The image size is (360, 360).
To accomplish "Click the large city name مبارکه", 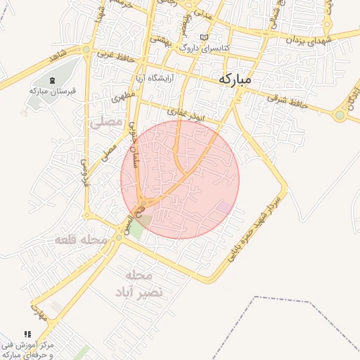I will [234, 79].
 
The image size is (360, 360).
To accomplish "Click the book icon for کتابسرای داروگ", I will [204, 37].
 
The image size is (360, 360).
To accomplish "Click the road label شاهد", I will [57, 55].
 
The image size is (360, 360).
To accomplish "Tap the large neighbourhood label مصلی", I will [106, 122].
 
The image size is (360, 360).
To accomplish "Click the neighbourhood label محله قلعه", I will [82, 240].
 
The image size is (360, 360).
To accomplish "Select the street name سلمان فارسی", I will [132, 141].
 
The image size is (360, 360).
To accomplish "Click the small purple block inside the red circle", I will [225, 207].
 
